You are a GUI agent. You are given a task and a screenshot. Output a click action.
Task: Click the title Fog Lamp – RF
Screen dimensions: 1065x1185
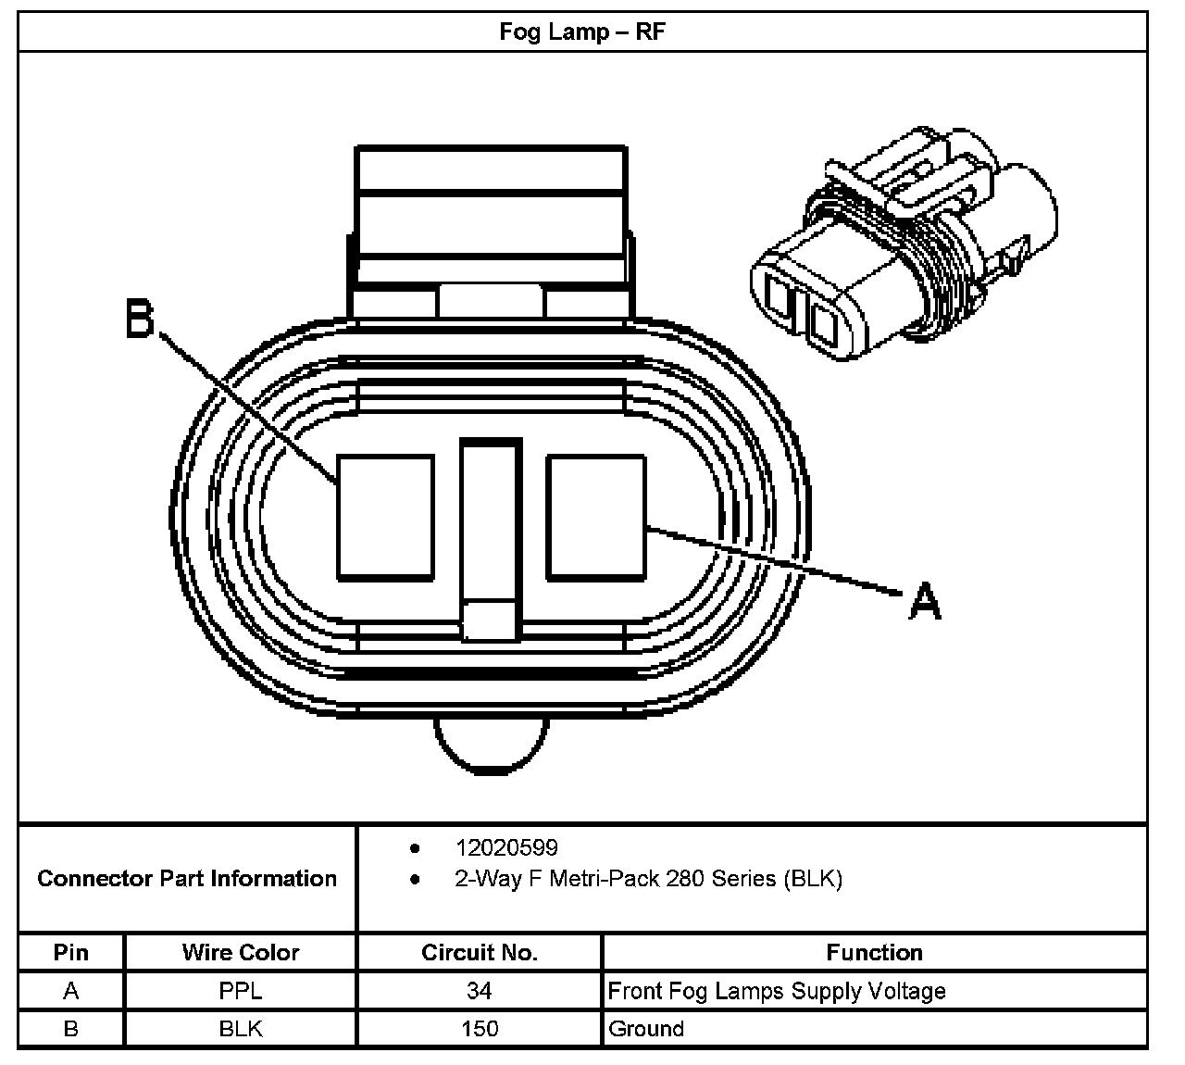pyautogui.click(x=582, y=32)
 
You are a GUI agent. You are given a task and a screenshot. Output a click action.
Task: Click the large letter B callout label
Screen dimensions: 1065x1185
pyautogui.click(x=140, y=320)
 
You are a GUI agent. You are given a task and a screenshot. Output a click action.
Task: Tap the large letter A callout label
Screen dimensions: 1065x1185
pyautogui.click(x=925, y=601)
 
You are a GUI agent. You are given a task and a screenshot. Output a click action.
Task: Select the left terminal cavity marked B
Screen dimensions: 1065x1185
pyautogui.click(x=385, y=517)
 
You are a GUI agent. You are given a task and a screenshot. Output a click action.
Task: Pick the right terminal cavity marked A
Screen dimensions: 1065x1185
pyautogui.click(x=595, y=517)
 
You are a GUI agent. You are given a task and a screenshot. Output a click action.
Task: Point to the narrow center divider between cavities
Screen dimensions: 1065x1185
pyautogui.click(x=491, y=537)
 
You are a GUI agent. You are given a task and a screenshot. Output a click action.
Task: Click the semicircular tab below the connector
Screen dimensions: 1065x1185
pyautogui.click(x=490, y=745)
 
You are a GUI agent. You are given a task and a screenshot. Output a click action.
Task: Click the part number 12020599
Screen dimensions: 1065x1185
pyautogui.click(x=506, y=847)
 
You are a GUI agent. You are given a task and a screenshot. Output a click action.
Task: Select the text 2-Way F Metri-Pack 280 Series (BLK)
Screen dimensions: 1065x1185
pyautogui.click(x=648, y=878)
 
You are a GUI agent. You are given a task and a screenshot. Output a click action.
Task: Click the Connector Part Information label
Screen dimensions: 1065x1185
pyautogui.click(x=187, y=878)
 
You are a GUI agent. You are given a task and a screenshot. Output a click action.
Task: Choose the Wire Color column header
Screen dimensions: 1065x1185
pyautogui.click(x=241, y=952)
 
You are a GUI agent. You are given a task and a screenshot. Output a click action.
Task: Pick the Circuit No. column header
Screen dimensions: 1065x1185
pyautogui.click(x=479, y=952)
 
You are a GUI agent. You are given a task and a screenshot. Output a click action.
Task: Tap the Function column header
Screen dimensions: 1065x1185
pyautogui.click(x=874, y=952)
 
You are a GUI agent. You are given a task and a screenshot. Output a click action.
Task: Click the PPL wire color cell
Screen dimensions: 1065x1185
pyautogui.click(x=241, y=991)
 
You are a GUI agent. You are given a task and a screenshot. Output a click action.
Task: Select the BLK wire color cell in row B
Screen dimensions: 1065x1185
pyautogui.click(x=241, y=1028)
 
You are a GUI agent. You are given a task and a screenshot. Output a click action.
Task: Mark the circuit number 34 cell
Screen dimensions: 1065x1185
pyautogui.click(x=479, y=991)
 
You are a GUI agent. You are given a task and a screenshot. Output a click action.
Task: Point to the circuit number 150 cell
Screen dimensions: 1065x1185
pyautogui.click(x=479, y=1028)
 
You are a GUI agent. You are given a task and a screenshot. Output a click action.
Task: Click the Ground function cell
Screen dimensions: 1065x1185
pyautogui.click(x=646, y=1028)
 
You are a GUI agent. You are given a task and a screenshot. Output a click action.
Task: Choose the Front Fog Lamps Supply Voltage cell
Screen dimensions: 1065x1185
pyautogui.click(x=777, y=991)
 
